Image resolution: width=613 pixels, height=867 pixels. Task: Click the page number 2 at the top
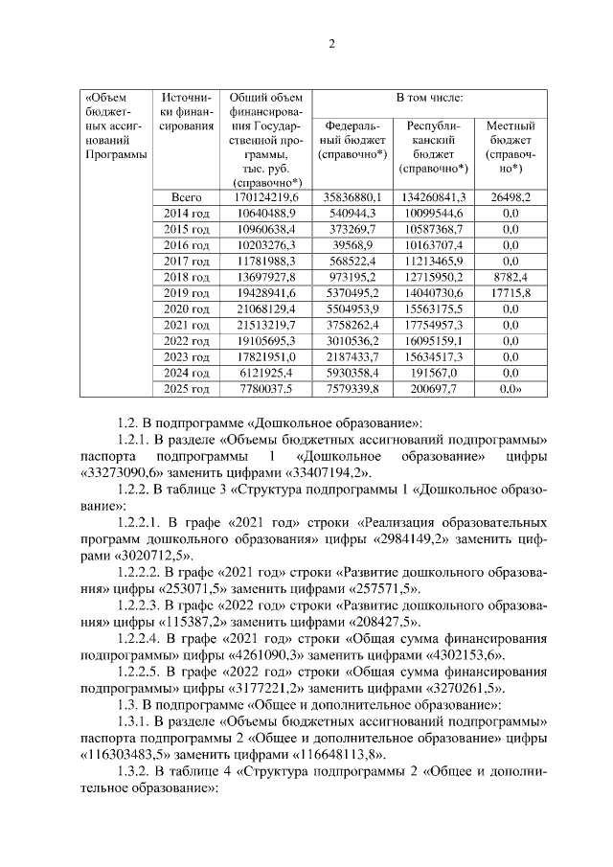(x=331, y=43)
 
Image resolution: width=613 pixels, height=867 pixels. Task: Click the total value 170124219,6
(x=265, y=196)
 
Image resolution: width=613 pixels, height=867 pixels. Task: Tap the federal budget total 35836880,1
(x=352, y=196)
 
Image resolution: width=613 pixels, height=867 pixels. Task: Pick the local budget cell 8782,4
(x=511, y=276)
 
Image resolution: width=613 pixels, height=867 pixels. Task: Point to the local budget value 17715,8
(x=511, y=292)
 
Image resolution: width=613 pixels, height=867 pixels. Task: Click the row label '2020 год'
(x=186, y=308)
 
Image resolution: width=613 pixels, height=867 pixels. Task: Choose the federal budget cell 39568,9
(x=352, y=244)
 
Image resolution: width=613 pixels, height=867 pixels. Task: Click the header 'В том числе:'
(x=430, y=98)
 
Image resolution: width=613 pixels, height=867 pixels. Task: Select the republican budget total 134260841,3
(x=436, y=196)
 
